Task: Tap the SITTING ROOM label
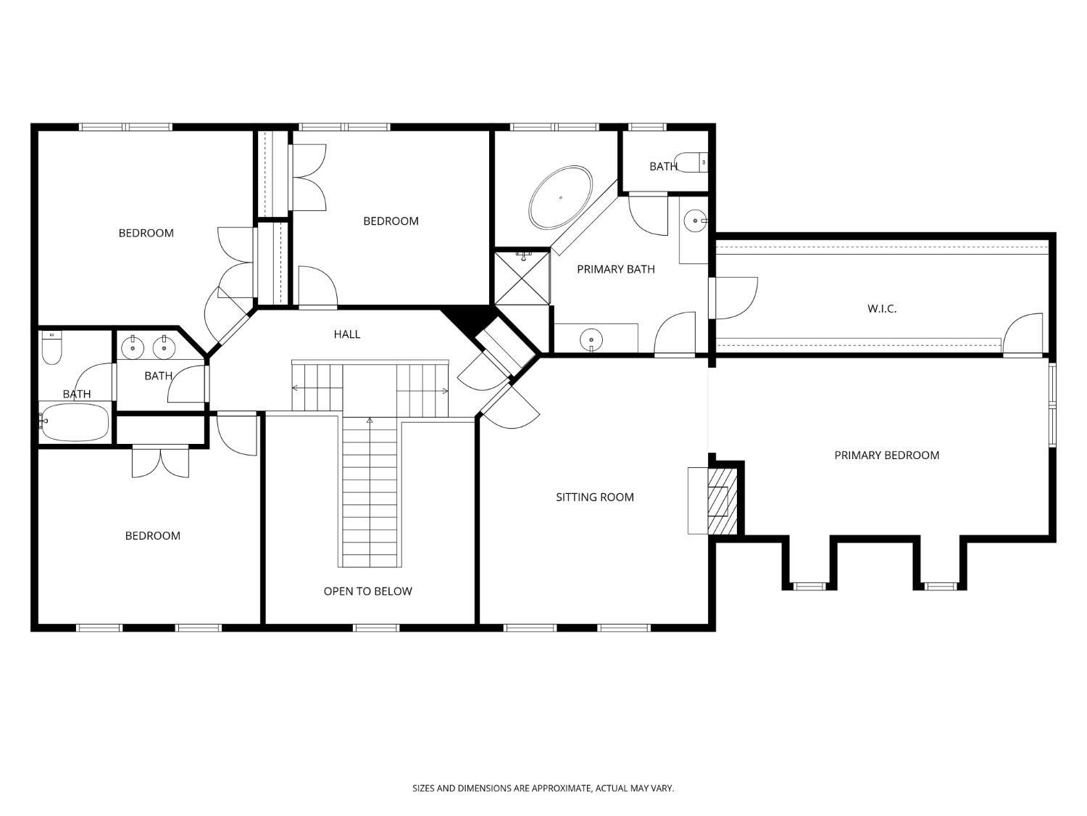pyautogui.click(x=594, y=497)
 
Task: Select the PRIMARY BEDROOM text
pyautogui.click(x=886, y=456)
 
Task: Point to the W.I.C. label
pyautogui.click(x=881, y=308)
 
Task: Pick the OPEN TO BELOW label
pyautogui.click(x=367, y=591)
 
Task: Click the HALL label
pyautogui.click(x=346, y=334)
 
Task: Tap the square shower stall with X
pyautogui.click(x=522, y=277)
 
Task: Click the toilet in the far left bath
pyautogui.click(x=51, y=348)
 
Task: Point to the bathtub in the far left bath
pyautogui.click(x=75, y=422)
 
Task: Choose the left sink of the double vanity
pyautogui.click(x=133, y=348)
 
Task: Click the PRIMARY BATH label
pyautogui.click(x=615, y=269)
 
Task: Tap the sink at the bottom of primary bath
pyautogui.click(x=592, y=339)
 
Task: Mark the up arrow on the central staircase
pyautogui.click(x=370, y=421)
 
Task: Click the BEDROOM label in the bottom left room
pyautogui.click(x=152, y=536)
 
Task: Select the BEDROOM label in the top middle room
pyautogui.click(x=391, y=221)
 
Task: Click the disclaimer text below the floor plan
pyautogui.click(x=543, y=788)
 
